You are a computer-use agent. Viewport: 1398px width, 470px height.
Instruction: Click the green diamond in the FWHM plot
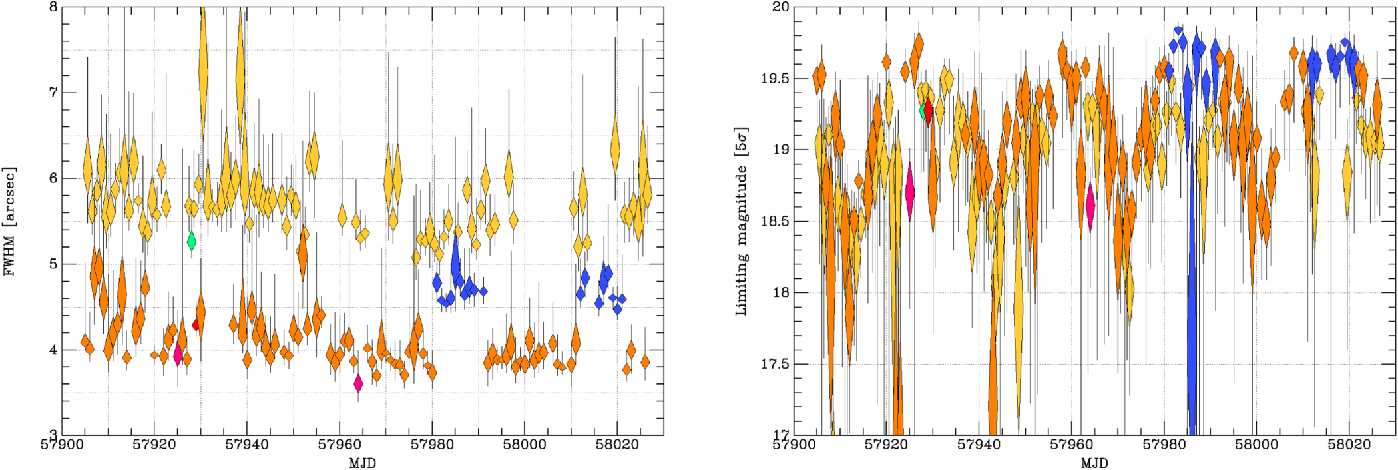[x=192, y=240]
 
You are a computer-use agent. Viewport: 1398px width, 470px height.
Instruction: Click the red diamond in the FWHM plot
[x=196, y=325]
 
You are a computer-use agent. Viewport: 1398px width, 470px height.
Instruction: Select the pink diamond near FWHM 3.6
[x=358, y=384]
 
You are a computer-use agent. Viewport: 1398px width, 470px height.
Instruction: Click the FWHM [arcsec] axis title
[x=9, y=222]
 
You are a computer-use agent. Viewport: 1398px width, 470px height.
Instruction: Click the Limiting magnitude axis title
[x=741, y=222]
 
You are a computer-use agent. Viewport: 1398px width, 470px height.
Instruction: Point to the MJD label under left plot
[x=362, y=463]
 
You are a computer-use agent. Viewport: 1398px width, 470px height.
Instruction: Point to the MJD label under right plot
[x=1094, y=463]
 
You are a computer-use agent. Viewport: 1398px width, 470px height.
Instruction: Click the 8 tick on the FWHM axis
[x=53, y=7]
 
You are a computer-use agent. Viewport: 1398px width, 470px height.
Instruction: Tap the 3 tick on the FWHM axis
[x=53, y=435]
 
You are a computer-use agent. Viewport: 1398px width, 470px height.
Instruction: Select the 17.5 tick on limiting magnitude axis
[x=775, y=364]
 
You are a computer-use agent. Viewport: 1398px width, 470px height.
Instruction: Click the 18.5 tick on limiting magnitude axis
[x=775, y=222]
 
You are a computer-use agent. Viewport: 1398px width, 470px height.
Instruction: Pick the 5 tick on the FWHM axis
[x=53, y=264]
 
